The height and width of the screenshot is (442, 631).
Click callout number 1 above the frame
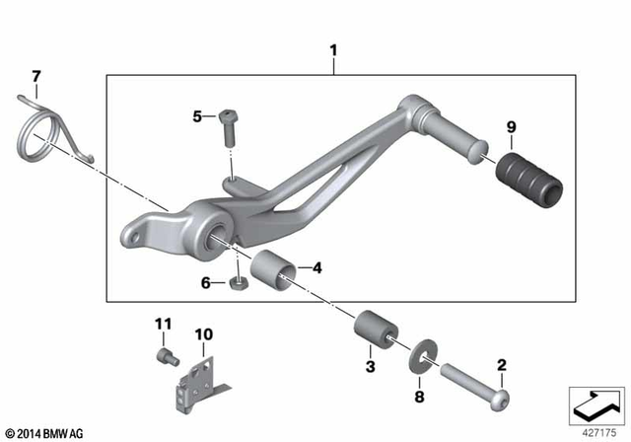pyautogui.click(x=333, y=46)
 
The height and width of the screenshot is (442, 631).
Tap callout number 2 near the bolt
pyautogui.click(x=501, y=366)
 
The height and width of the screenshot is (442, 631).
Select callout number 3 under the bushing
pyautogui.click(x=370, y=366)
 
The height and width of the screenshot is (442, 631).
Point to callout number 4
pyautogui.click(x=316, y=267)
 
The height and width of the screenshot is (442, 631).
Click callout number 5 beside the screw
pyautogui.click(x=197, y=116)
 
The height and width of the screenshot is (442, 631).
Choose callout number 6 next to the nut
pyautogui.click(x=207, y=282)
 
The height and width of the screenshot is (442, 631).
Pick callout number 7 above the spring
pyautogui.click(x=36, y=76)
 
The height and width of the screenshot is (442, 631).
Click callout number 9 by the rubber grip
pyautogui.click(x=511, y=126)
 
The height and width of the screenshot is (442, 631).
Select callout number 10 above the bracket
pyautogui.click(x=202, y=334)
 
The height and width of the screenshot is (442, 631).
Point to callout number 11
pyautogui.click(x=163, y=325)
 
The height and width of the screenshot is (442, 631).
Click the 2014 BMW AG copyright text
pyautogui.click(x=44, y=432)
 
